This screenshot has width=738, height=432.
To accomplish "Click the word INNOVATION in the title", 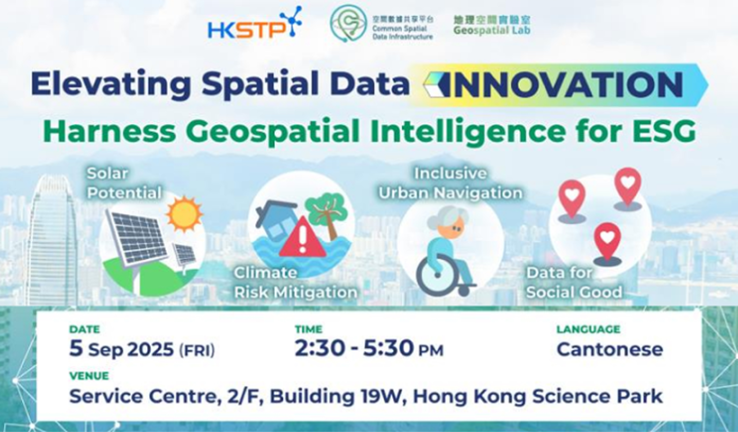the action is click(x=565, y=85).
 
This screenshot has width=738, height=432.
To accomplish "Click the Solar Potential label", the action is click(x=124, y=183).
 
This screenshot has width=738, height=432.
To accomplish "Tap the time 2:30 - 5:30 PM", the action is click(x=369, y=349).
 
